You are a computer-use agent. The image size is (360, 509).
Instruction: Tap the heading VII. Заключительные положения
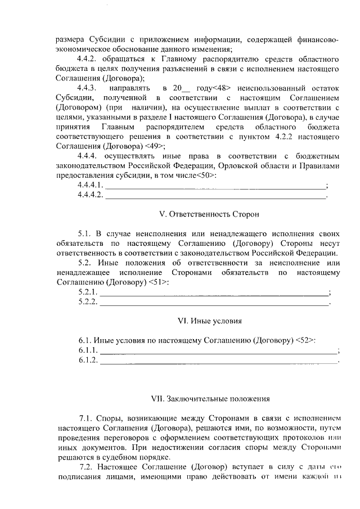(210, 399)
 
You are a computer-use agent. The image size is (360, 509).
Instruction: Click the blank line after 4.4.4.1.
(215, 186)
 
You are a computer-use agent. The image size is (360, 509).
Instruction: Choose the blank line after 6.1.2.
(219, 361)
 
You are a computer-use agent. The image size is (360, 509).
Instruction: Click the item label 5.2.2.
(88, 302)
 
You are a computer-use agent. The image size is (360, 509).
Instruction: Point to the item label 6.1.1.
(88, 350)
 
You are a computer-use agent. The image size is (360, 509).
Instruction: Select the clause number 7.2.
(86, 468)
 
